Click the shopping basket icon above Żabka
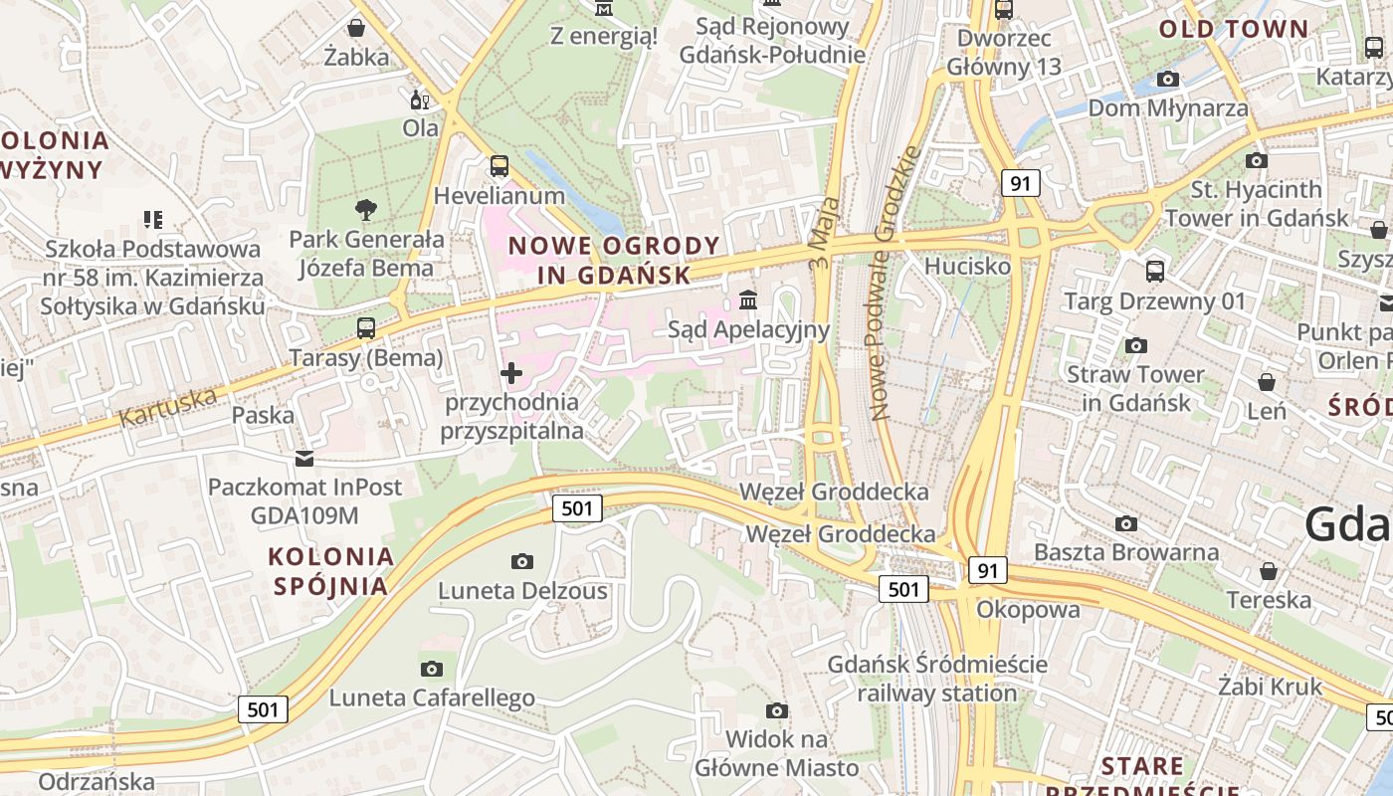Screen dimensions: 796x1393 coord(355,27)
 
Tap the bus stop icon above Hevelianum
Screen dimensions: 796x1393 coord(499,165)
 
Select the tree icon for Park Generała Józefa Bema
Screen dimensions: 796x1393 coord(365,209)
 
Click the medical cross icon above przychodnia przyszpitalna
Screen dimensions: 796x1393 coord(511,373)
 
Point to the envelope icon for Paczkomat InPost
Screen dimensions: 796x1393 coord(303,458)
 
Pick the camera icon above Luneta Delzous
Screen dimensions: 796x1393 coord(522,561)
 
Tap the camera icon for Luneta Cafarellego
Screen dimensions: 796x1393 coord(431,669)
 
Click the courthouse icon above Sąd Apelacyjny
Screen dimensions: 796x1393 coord(748,299)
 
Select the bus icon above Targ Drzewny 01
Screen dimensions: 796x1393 coord(1154,271)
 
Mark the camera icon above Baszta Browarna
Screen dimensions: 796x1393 coord(1126,523)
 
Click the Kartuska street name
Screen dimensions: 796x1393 coord(167,407)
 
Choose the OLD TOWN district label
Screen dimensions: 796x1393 coord(1233,29)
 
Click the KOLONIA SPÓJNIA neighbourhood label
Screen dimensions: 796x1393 coord(331,570)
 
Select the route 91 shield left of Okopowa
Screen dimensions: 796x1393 coord(986,570)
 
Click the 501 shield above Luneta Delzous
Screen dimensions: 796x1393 coord(577,508)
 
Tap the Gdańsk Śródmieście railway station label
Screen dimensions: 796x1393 coord(937,678)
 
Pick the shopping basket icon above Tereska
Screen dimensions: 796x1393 coord(1268,571)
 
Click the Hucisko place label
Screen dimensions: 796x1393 coord(967,266)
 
